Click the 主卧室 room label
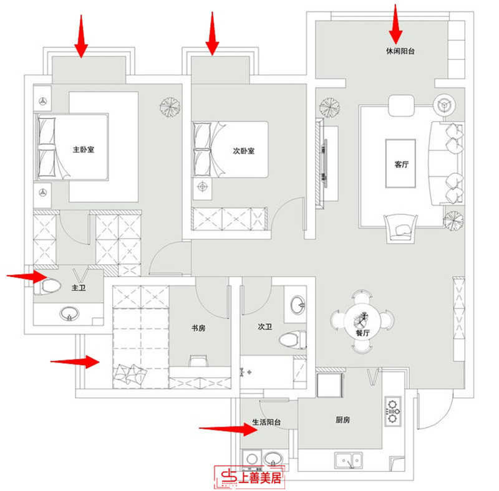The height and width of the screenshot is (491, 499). tap(87, 150)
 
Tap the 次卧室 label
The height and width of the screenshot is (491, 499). tap(243, 151)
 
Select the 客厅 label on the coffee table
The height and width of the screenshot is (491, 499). tap(401, 165)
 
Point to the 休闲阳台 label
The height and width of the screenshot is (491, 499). tap(400, 51)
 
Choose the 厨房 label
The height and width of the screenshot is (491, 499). tap(342, 421)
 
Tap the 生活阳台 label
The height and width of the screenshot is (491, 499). tap(266, 422)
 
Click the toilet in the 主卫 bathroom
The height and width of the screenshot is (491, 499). tap(49, 287)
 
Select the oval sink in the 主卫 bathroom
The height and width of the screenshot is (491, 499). tap(68, 313)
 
